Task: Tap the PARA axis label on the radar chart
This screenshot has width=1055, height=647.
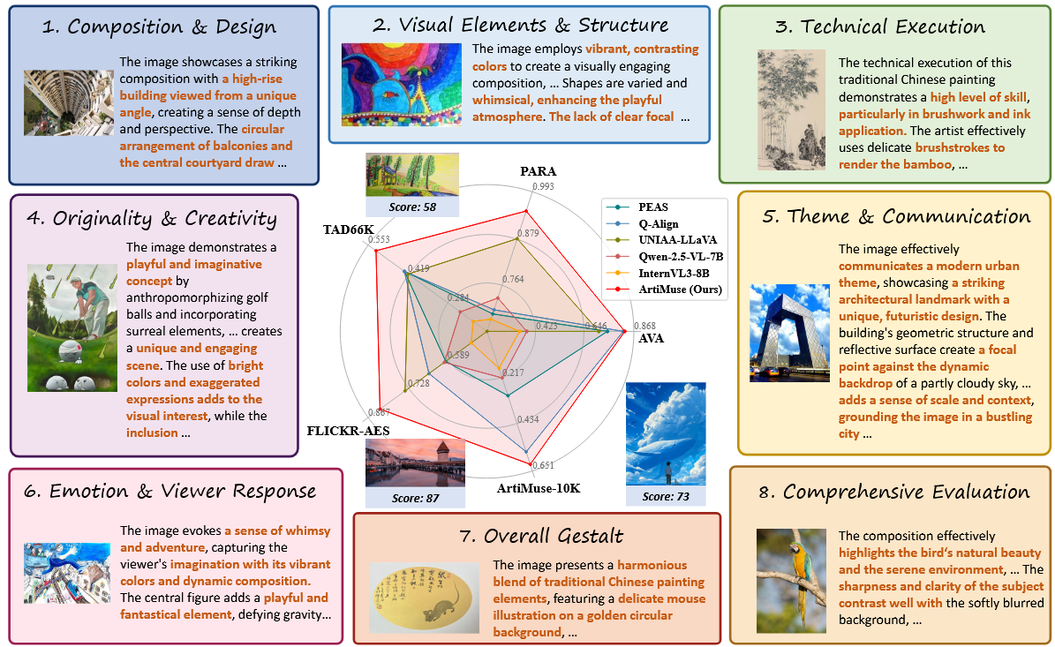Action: (x=539, y=171)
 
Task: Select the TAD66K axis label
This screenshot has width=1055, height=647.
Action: (x=348, y=229)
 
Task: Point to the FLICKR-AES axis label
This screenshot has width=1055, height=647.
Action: (x=348, y=431)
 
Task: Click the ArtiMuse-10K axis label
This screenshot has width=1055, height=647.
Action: (x=539, y=488)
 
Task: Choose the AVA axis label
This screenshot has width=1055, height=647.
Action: (x=651, y=338)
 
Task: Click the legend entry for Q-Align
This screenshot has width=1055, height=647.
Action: (x=658, y=224)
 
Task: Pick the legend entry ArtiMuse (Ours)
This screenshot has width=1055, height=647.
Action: (x=680, y=290)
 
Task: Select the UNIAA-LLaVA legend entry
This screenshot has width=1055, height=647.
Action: (x=677, y=240)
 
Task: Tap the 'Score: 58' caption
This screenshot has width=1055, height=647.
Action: (x=412, y=207)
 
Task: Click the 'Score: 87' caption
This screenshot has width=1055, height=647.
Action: (x=415, y=499)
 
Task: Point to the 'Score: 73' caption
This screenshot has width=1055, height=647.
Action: (x=666, y=496)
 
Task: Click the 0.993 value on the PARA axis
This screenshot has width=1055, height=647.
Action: (x=543, y=186)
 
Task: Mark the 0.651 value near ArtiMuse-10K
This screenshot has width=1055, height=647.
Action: (x=543, y=465)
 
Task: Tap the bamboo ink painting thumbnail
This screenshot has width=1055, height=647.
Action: (x=791, y=109)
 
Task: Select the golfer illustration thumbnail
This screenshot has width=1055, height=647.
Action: (x=72, y=327)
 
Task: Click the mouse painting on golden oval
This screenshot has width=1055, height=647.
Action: (x=424, y=598)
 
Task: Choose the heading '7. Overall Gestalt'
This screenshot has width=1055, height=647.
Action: (x=542, y=536)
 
